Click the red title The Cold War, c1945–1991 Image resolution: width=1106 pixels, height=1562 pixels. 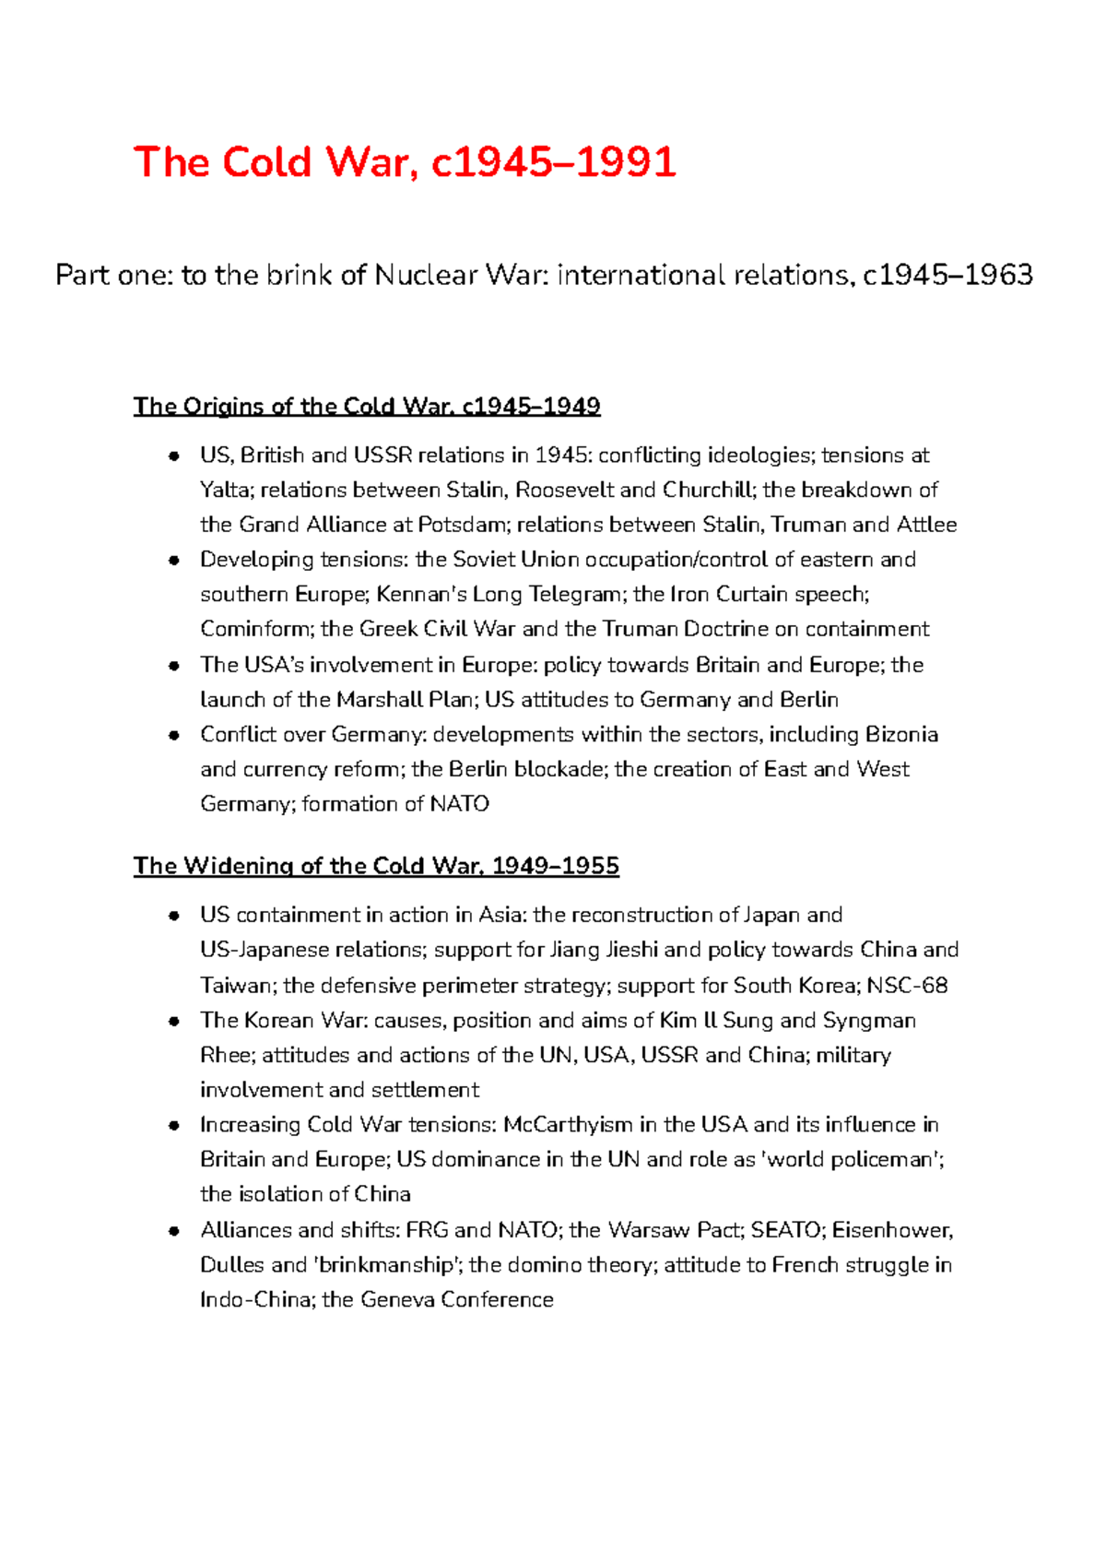(405, 162)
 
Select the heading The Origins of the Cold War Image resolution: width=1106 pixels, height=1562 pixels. (367, 407)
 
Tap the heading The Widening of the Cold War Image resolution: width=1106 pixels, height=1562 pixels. (376, 866)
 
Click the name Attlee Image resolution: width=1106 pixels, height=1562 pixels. (926, 525)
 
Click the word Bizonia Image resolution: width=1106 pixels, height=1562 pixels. (901, 735)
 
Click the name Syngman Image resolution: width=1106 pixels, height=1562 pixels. (869, 1021)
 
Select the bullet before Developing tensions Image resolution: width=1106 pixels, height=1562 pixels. (173, 561)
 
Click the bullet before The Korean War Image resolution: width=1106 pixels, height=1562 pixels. (173, 1021)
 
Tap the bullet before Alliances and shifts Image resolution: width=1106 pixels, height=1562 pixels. (173, 1230)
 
